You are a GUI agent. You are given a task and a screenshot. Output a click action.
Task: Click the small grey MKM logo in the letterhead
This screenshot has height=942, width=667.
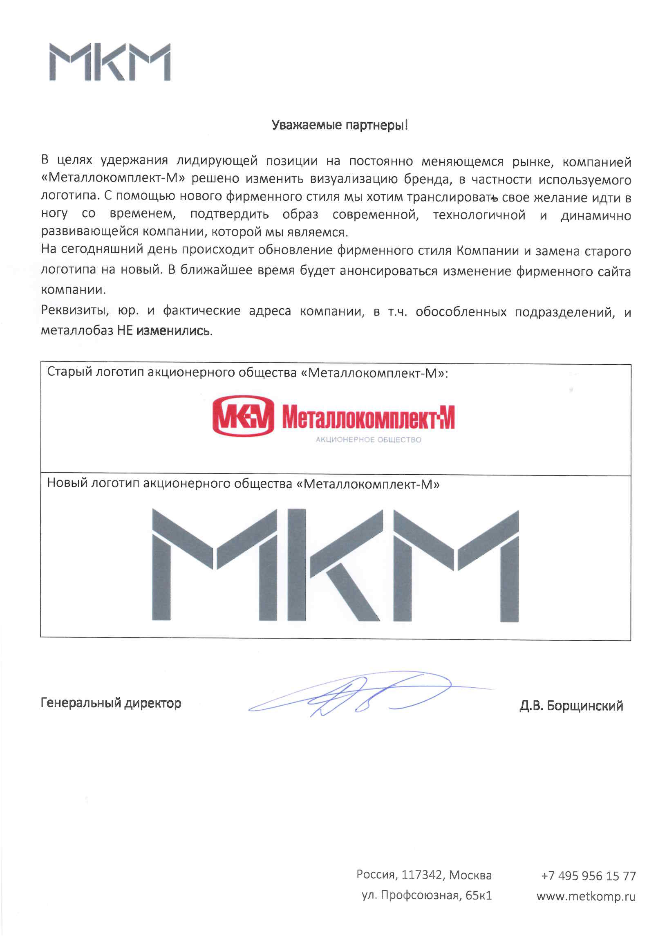click(x=110, y=62)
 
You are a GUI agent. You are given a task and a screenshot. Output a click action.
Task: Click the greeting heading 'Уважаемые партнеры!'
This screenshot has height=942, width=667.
click(x=340, y=125)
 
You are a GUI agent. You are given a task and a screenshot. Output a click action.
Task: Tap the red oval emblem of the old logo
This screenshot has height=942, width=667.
click(x=243, y=415)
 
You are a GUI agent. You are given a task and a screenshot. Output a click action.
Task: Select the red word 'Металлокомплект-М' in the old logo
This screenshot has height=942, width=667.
click(x=368, y=417)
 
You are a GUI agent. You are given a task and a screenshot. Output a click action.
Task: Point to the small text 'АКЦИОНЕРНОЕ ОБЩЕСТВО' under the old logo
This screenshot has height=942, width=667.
click(x=368, y=440)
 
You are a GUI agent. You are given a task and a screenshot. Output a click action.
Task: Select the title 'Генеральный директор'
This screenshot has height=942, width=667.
click(x=111, y=703)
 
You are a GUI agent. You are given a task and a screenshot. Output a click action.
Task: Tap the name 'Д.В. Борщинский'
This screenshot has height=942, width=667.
click(x=571, y=706)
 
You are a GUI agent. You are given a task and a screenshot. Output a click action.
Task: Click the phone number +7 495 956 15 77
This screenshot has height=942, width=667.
click(x=588, y=876)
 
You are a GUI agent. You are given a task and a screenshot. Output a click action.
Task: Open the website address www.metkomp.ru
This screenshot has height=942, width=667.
click(x=586, y=896)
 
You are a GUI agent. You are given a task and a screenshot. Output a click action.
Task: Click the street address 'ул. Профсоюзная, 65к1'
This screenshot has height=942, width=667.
click(x=426, y=895)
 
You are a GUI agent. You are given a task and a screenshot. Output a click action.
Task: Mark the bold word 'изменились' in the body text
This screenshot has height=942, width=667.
click(x=173, y=331)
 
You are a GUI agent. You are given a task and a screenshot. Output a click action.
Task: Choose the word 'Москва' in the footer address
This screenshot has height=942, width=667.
click(x=470, y=875)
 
